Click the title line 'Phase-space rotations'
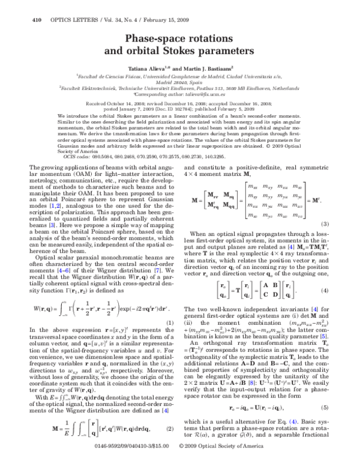(x=179, y=39)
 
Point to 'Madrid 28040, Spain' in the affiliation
(x=179, y=82)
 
